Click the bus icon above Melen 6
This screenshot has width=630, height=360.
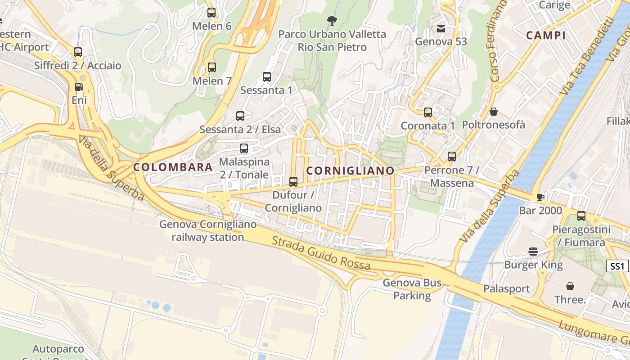211,13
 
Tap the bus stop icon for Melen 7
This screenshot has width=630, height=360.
211,67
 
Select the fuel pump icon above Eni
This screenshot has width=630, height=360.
79,87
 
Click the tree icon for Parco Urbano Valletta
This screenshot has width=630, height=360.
332,20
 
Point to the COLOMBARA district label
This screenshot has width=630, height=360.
173,167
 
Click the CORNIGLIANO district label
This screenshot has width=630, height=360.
350,171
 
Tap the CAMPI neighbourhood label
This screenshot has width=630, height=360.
546,36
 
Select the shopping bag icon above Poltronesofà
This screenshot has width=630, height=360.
494,112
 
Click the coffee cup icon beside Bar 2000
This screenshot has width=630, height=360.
540,197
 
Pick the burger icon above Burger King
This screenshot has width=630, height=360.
533,252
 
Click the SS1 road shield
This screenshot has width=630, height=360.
617,266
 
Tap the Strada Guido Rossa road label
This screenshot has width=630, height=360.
321,253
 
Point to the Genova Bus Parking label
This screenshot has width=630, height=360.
412,289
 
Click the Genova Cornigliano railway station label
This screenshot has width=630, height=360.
208,230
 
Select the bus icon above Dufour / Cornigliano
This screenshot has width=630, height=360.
293,182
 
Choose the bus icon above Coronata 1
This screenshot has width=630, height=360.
428,112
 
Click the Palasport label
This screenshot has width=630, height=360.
507,288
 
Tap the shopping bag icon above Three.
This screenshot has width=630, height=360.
570,286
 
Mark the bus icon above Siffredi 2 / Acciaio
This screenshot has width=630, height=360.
78,52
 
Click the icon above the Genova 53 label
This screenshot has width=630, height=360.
441,29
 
